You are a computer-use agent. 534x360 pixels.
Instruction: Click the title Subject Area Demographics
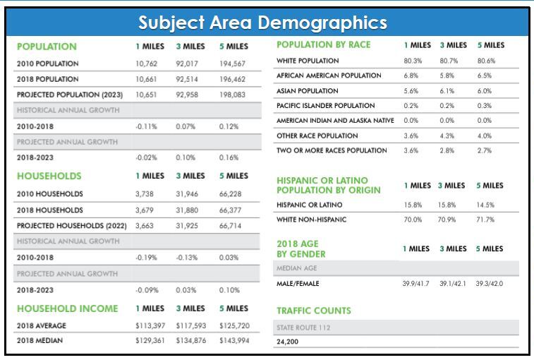[262, 23]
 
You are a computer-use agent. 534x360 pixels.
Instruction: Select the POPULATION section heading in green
[47, 47]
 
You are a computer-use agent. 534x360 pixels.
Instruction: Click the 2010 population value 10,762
[148, 64]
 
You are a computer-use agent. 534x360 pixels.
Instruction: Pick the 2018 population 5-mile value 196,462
[232, 80]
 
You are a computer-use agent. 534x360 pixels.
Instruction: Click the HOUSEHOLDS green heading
[49, 176]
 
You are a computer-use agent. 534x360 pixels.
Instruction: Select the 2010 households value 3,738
[146, 193]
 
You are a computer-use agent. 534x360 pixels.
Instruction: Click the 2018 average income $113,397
[150, 325]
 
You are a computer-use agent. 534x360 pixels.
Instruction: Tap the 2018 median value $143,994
[233, 341]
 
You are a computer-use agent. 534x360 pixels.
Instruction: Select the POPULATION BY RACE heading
[324, 45]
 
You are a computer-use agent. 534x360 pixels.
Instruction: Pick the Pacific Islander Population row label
[325, 106]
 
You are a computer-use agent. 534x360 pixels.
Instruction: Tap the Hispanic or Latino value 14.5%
[487, 205]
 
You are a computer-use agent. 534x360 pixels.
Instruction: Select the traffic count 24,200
[289, 343]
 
